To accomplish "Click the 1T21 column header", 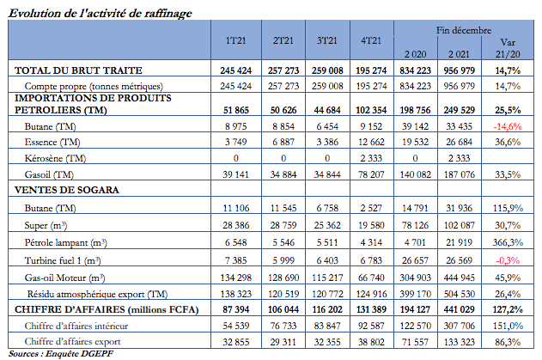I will pyautogui.click(x=234, y=41).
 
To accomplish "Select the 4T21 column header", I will pyautogui.click(x=371, y=41).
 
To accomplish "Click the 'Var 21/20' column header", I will pyautogui.click(x=509, y=46).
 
